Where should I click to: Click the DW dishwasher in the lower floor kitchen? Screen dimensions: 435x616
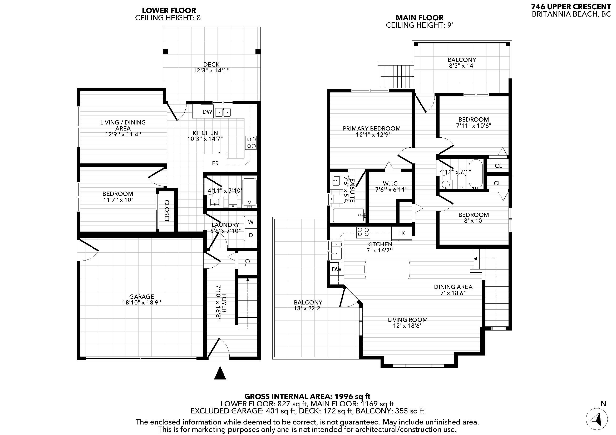pos(207,112)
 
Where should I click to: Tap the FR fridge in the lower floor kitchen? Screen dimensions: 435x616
pos(215,163)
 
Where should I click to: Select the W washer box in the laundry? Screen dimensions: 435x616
pos(250,222)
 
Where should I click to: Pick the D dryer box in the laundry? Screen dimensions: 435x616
pos(250,235)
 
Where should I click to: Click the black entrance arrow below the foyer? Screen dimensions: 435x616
pos(220,373)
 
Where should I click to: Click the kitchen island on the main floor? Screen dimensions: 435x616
pos(387,269)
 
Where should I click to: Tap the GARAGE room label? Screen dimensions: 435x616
pos(141,296)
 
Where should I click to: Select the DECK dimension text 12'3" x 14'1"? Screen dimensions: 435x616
pos(211,71)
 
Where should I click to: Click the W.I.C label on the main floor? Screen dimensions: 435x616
pos(390,183)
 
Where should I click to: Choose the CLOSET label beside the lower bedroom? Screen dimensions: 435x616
pos(167,211)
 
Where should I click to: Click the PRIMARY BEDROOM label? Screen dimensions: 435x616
pos(372,128)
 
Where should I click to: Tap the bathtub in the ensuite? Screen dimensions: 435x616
pos(348,215)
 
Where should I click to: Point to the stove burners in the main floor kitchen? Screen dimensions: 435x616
pos(363,232)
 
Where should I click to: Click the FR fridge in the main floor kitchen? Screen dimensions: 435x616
pos(401,233)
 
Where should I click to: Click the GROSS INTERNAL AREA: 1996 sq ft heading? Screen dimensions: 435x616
pos(307,396)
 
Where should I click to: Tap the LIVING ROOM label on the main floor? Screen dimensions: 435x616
pos(407,319)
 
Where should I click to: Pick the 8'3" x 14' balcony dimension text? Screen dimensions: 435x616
pos(461,66)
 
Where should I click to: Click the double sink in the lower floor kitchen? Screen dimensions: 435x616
pos(223,112)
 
